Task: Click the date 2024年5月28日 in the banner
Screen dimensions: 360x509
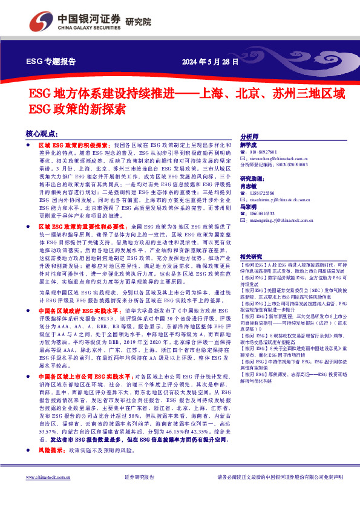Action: pos(210,62)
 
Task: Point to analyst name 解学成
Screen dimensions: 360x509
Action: pos(249,146)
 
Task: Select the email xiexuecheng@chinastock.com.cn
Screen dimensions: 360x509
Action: pos(279,158)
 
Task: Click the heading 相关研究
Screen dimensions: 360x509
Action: pos(252,256)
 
